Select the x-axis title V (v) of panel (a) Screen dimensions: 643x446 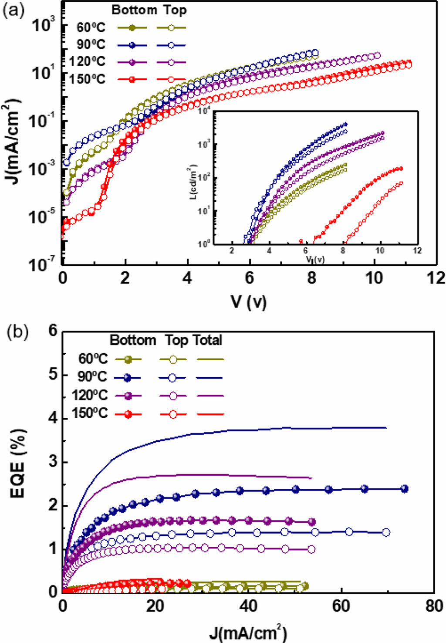(249, 301)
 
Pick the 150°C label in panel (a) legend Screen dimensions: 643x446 (87, 79)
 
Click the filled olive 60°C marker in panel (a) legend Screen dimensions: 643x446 (132, 28)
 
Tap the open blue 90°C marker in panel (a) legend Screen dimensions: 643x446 (171, 45)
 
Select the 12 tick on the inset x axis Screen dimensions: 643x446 (417, 251)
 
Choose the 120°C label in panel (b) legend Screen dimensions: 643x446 (90, 396)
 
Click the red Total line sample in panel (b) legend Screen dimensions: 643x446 (210, 414)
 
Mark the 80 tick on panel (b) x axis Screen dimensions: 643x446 (434, 606)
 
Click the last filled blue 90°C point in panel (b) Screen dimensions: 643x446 (404, 489)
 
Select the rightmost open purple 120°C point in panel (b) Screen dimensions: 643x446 (311, 549)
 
